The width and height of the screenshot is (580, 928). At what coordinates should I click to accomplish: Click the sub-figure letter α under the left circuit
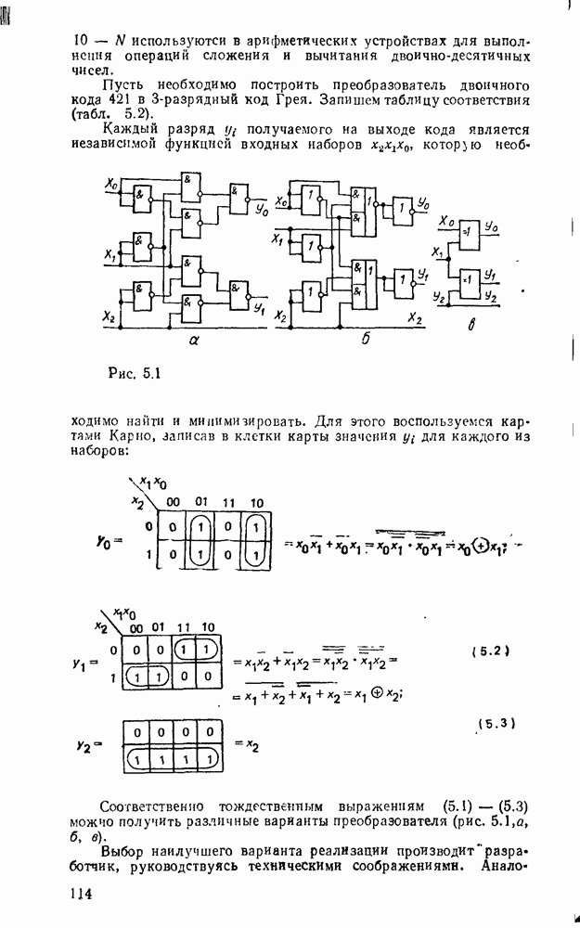tap(195, 341)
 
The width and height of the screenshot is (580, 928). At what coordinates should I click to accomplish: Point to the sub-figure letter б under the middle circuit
tap(365, 341)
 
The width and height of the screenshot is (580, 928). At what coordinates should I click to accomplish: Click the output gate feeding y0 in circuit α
tap(238, 194)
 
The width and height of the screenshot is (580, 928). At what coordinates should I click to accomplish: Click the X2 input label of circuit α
tap(110, 318)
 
